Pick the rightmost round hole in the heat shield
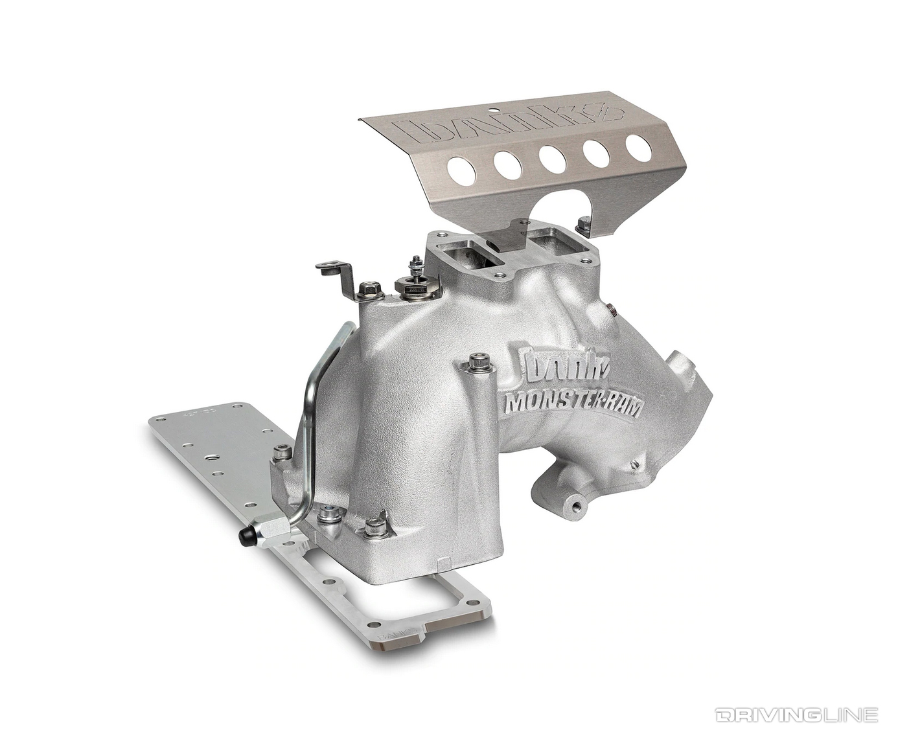[639, 149]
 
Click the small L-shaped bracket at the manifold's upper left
[338, 275]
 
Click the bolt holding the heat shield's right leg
[582, 225]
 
